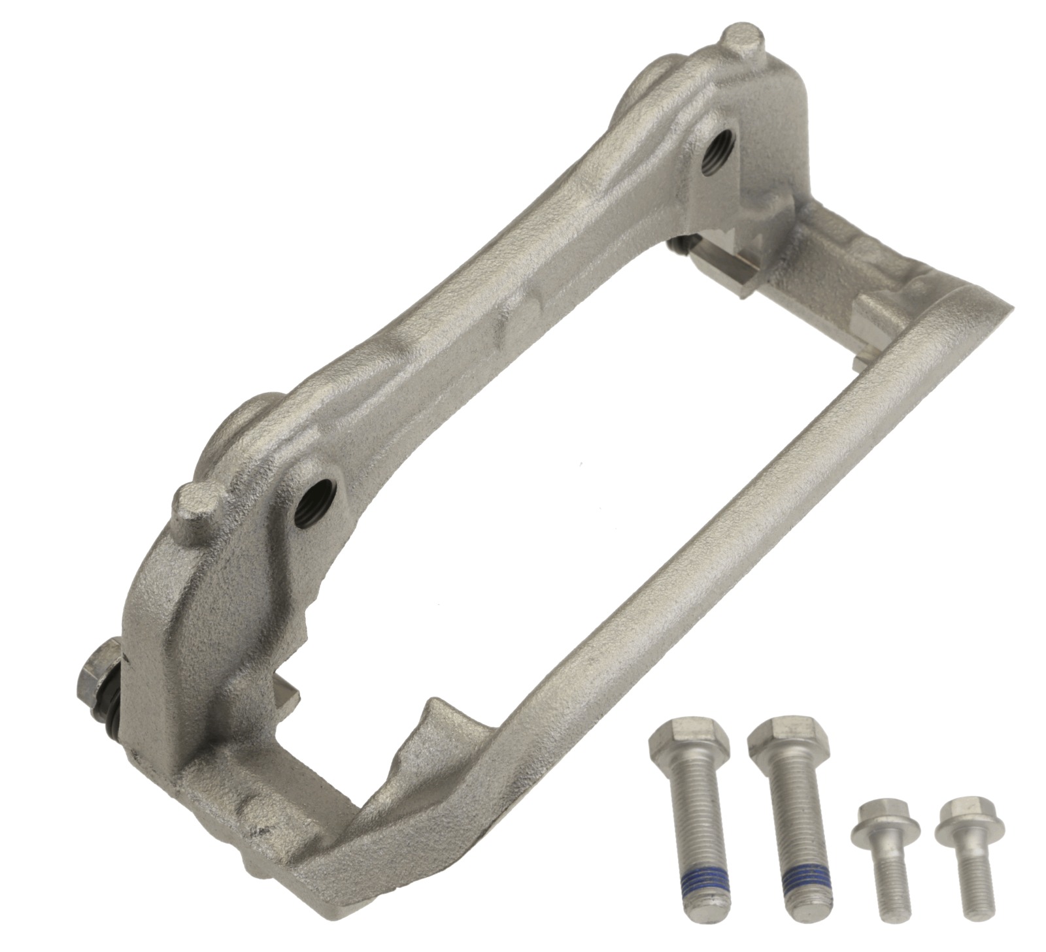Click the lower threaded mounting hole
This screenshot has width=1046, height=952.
pos(314,493)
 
